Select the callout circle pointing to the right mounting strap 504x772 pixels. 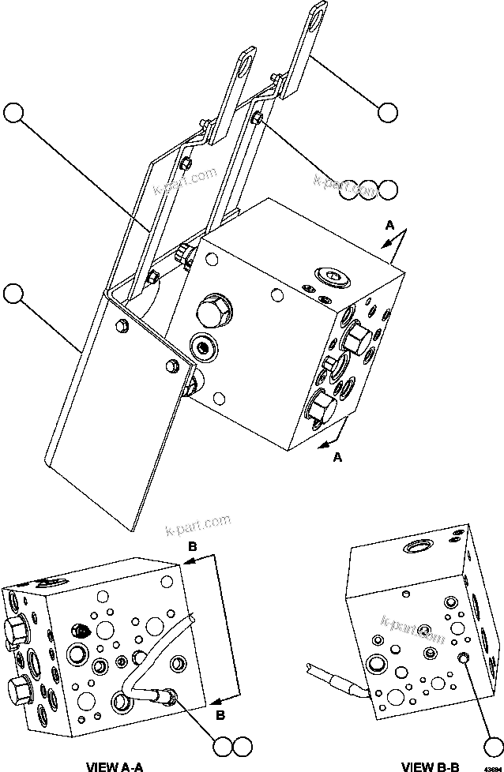click(387, 112)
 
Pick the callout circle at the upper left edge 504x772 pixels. click(13, 112)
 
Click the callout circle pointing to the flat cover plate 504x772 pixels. click(13, 294)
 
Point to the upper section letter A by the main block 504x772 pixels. click(389, 225)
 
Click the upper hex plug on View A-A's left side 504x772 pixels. click(17, 629)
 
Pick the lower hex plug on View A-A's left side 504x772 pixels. click(17, 686)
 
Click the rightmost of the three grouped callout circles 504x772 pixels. click(387, 189)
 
